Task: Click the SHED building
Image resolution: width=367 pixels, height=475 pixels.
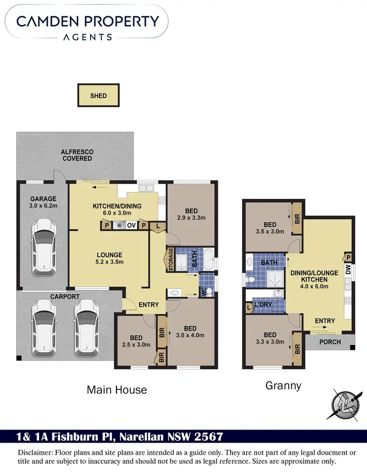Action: pos(98,95)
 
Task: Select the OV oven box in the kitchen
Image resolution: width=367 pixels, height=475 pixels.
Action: pos(131,225)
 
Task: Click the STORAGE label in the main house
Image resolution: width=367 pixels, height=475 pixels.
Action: pos(171,260)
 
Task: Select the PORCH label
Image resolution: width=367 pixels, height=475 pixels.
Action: pos(330,341)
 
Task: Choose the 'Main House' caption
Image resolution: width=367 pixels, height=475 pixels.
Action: pos(116,390)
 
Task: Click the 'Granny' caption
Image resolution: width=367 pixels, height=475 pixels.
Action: pos(283,386)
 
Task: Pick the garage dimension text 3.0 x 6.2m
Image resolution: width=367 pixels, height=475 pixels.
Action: pos(44,207)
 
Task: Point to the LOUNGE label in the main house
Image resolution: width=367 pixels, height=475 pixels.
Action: pos(109,255)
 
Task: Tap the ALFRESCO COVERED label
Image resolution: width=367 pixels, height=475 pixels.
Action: pos(76,155)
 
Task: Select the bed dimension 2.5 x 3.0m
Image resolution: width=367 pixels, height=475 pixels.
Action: pos(136,345)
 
